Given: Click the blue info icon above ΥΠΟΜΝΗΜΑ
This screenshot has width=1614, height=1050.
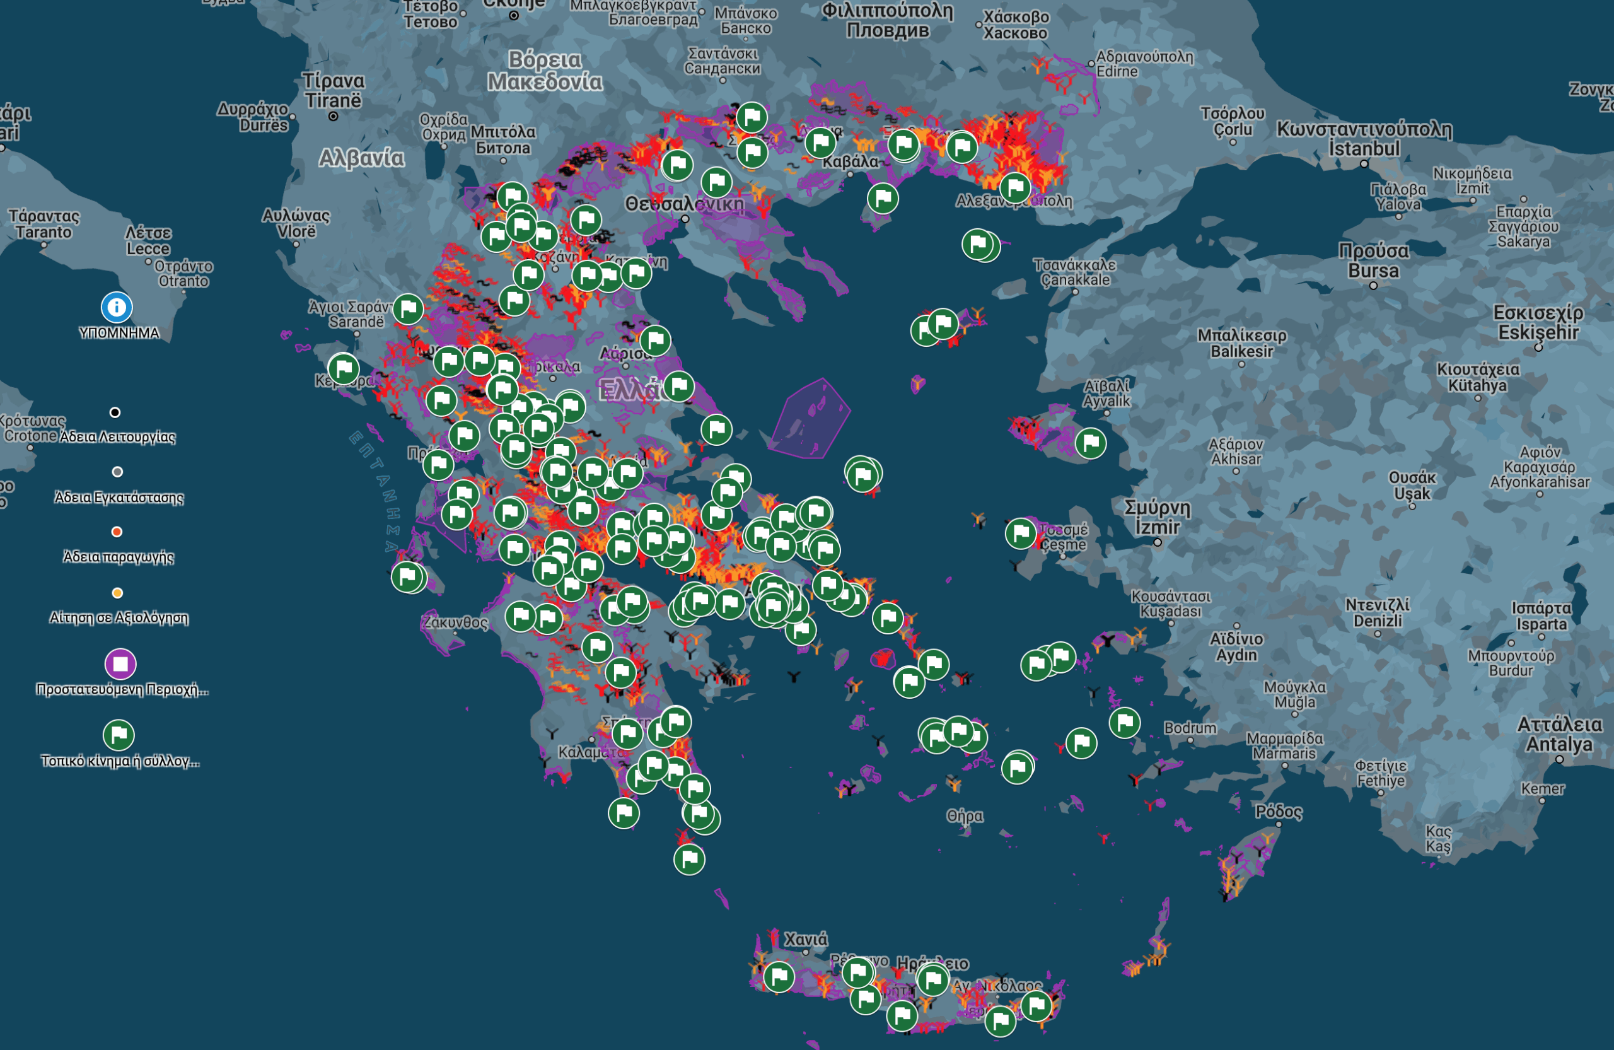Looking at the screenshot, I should pyautogui.click(x=117, y=307).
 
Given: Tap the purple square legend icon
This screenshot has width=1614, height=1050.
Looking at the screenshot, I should pyautogui.click(x=120, y=664).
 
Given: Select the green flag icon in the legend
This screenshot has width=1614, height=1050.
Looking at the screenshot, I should pyautogui.click(x=119, y=735).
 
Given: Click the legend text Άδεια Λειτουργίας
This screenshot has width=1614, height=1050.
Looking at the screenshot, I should pyautogui.click(x=117, y=437).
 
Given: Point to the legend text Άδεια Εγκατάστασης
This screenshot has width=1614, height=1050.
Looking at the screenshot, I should pyautogui.click(x=119, y=497).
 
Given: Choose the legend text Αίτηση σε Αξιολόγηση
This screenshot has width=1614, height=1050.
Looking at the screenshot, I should pyautogui.click(x=119, y=618).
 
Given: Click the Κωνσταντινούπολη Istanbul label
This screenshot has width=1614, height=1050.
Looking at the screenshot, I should pyautogui.click(x=1364, y=138).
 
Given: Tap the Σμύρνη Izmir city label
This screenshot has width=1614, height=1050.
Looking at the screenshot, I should pyautogui.click(x=1157, y=517).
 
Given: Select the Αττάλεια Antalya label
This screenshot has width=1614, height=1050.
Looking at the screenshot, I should pyautogui.click(x=1559, y=735).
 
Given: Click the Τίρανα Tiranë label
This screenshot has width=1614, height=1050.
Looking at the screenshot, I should pyautogui.click(x=333, y=90).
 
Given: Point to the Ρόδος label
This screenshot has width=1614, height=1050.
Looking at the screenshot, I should pyautogui.click(x=1279, y=812).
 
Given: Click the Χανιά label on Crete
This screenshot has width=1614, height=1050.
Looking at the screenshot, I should pyautogui.click(x=806, y=940).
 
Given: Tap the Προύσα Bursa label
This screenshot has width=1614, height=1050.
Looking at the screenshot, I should pyautogui.click(x=1373, y=260).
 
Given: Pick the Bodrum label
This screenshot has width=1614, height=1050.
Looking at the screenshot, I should pyautogui.click(x=1190, y=728).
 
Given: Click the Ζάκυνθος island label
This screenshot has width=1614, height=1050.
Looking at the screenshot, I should pyautogui.click(x=455, y=622).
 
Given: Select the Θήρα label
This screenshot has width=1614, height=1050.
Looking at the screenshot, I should pyautogui.click(x=965, y=815).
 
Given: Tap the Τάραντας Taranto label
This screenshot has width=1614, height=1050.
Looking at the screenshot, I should pyautogui.click(x=44, y=224).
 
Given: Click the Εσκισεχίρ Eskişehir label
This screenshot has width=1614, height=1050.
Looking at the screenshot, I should pyautogui.click(x=1538, y=322).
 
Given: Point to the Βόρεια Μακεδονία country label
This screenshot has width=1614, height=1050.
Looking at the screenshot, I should pyautogui.click(x=545, y=71).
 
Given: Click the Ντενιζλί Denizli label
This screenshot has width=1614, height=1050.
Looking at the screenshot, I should pyautogui.click(x=1377, y=612).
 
